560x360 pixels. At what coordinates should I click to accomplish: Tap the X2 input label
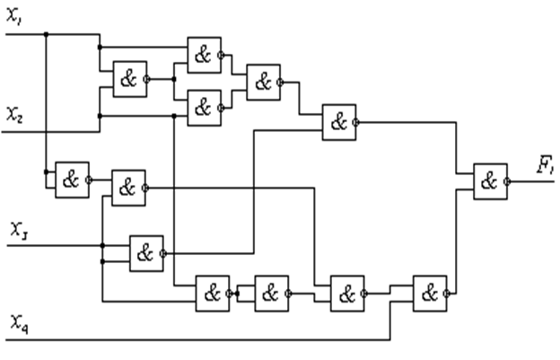(x=14, y=114)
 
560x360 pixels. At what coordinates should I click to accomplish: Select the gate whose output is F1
(x=489, y=180)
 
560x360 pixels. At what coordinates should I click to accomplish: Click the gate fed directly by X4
(x=430, y=293)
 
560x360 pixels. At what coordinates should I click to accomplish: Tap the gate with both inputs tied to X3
(x=145, y=253)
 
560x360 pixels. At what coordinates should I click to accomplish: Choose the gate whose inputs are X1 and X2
(x=129, y=78)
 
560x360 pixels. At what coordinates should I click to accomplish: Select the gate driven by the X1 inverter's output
(x=128, y=187)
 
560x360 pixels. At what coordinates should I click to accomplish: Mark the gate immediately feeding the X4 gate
(x=347, y=293)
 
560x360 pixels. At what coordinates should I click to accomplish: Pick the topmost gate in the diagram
(x=204, y=55)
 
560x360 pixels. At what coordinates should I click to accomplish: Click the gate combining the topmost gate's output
(x=263, y=82)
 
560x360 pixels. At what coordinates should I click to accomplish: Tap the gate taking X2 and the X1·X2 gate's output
(x=204, y=108)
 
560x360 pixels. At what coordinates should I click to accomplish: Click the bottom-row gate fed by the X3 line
(x=213, y=293)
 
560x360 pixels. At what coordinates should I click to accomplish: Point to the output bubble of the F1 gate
(x=509, y=180)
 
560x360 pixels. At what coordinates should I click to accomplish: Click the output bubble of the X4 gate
(x=450, y=293)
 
